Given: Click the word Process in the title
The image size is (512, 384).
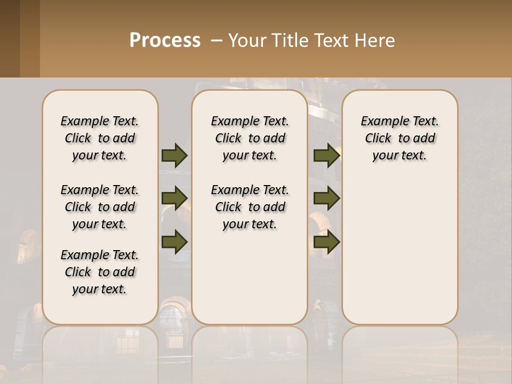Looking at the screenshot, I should (165, 41).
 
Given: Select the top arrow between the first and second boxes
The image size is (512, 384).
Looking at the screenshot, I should (174, 156).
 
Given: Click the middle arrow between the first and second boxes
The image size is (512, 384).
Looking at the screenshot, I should (174, 198).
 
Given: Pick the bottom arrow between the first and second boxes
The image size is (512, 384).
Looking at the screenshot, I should (174, 242).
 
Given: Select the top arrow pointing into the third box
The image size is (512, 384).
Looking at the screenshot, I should (326, 156).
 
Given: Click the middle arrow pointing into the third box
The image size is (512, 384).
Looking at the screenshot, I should (326, 198).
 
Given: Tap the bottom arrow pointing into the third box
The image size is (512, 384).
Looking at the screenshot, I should (326, 242).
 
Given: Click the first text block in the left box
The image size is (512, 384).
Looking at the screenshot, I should (100, 138).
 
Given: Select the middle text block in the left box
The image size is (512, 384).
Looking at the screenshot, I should (100, 207).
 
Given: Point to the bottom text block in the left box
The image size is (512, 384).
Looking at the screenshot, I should (100, 272).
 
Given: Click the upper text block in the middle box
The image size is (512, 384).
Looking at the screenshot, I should (250, 138).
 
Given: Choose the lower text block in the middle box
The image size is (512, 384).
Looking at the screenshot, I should (250, 207).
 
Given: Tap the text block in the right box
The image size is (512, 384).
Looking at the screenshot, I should (399, 138).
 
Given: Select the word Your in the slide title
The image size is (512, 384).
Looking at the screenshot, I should (246, 41).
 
